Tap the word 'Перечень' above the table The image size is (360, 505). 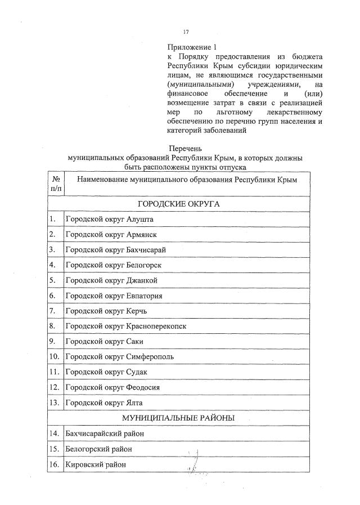184,149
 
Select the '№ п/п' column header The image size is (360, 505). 56,184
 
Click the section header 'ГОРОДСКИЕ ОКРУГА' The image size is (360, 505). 178,203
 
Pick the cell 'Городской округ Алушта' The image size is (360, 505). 109,219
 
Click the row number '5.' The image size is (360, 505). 52,280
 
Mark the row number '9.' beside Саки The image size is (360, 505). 52,341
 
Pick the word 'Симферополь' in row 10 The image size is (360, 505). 150,357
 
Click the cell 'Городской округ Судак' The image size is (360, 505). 107,372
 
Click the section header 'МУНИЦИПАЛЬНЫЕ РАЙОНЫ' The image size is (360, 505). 178,418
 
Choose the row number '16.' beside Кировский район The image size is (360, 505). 54,464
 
